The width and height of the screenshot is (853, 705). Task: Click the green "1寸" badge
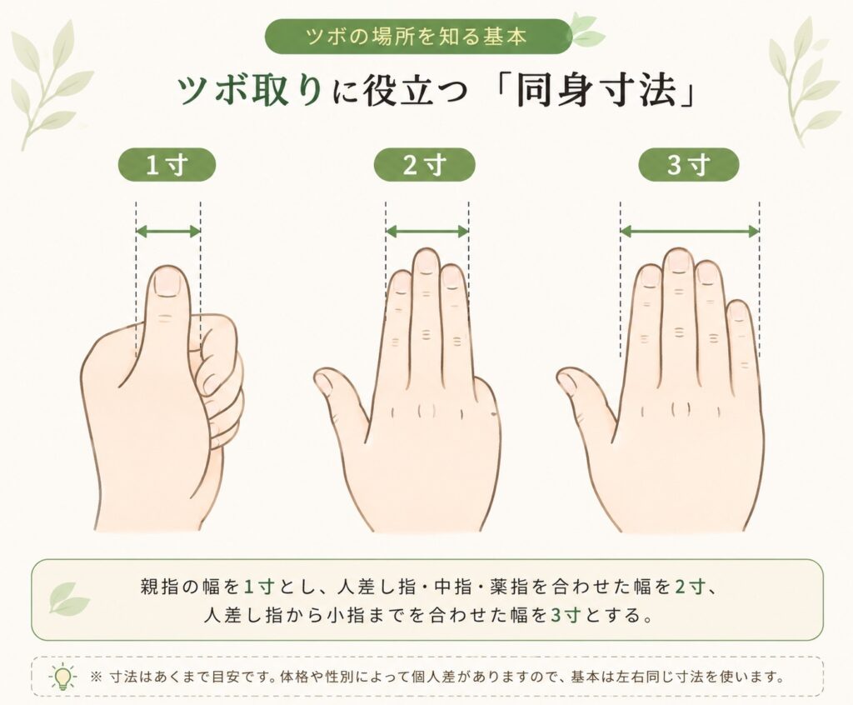(x=167, y=164)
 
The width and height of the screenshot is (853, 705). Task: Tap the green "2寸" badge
(x=424, y=164)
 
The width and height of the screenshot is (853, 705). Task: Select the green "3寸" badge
(x=689, y=164)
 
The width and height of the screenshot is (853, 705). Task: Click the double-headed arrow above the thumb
(x=168, y=232)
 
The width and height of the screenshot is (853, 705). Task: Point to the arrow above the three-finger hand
(x=427, y=232)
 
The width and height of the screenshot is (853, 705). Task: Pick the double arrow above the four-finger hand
(x=689, y=232)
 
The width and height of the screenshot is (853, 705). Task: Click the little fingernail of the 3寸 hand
(x=738, y=312)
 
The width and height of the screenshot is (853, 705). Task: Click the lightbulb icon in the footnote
(x=63, y=677)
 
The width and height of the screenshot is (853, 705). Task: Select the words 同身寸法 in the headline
(x=596, y=90)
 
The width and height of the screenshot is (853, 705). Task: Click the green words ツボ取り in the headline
(x=248, y=90)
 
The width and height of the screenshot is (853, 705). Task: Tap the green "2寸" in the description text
(x=690, y=587)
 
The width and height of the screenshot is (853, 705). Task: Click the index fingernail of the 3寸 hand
(x=650, y=277)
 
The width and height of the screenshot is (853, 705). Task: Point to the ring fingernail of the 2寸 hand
(x=451, y=277)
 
